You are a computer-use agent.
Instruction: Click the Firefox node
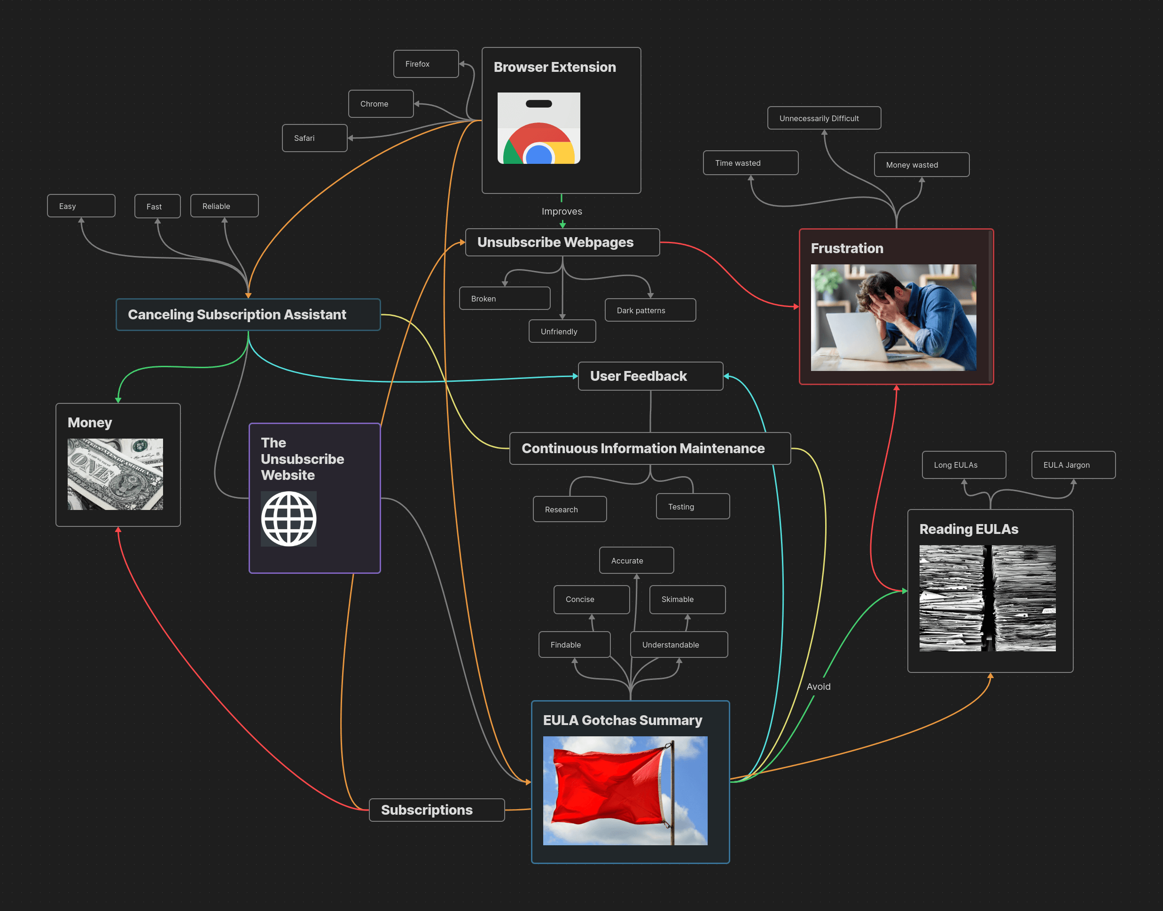[x=425, y=64]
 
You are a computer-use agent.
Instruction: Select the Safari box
[x=314, y=138]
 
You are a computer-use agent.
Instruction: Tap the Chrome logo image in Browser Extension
[x=539, y=128]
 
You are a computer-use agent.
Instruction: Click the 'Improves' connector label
[x=562, y=211]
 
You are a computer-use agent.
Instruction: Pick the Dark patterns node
[x=649, y=310]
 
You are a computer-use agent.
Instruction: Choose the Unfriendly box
[x=562, y=331]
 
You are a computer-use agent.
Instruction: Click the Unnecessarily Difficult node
[x=824, y=118]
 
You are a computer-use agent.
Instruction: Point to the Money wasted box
[x=921, y=165]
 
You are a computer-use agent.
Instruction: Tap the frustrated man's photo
[x=893, y=317]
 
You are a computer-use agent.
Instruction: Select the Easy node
[x=81, y=206]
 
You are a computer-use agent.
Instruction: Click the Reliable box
[x=224, y=206]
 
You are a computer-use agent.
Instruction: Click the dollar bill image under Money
[x=115, y=474]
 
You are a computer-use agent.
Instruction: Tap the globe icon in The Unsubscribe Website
[x=288, y=519]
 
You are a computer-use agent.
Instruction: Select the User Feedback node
[x=650, y=376]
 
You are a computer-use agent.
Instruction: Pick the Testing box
[x=692, y=507]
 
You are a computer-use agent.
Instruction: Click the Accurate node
[x=636, y=561]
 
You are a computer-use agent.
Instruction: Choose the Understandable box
[x=679, y=645]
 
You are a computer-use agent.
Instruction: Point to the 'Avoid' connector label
[x=818, y=687]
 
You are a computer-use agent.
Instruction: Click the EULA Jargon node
[x=1073, y=465]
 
